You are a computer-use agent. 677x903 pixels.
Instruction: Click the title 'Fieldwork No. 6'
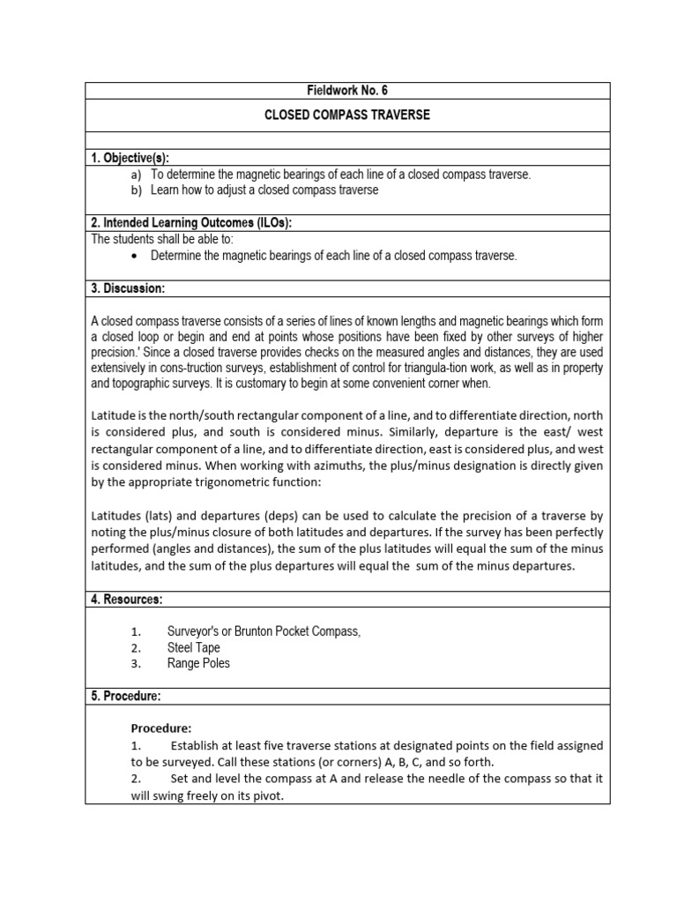[x=347, y=90]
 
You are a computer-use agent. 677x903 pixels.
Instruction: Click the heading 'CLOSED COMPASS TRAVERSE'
[x=347, y=116]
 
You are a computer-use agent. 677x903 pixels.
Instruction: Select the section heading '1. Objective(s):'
[x=130, y=158]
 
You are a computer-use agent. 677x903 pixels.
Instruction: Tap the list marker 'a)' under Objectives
[x=136, y=175]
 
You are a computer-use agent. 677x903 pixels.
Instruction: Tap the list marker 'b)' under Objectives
[x=136, y=190]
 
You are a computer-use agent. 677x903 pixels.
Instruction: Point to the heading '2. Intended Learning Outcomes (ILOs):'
[x=191, y=223]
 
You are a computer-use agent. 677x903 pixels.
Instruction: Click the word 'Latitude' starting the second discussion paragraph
[x=114, y=414]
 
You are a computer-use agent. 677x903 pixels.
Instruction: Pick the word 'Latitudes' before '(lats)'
[x=117, y=516]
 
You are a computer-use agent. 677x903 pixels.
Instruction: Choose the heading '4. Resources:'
[x=127, y=600]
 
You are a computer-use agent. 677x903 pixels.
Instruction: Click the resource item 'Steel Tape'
[x=193, y=647]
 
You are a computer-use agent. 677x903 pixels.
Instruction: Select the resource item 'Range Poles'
[x=198, y=663]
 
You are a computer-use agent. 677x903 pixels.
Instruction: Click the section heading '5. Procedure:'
[x=126, y=696]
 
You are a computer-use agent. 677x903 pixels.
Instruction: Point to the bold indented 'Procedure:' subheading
[x=161, y=728]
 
